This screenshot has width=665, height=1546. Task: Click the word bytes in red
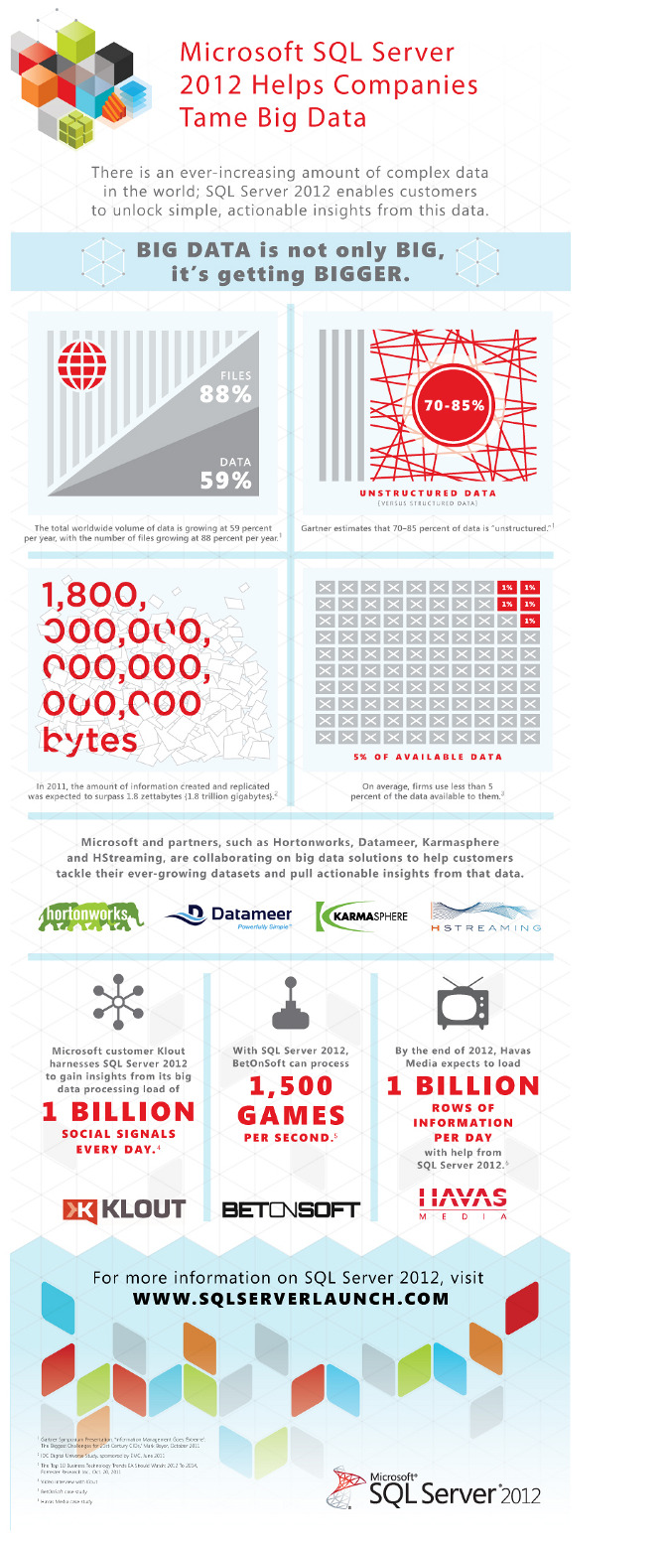pos(89,740)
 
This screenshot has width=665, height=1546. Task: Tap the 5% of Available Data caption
pos(428,757)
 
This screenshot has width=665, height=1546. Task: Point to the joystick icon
pos(290,1003)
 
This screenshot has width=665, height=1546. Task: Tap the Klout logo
pos(125,1208)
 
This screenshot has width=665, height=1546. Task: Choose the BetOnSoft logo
pos(291,1209)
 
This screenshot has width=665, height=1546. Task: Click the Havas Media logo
pos(463,1201)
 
